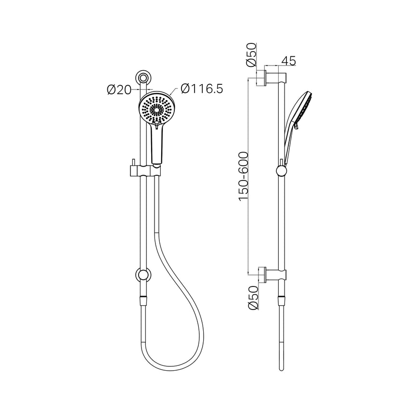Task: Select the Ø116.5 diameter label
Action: click(x=202, y=89)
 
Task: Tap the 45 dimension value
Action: click(x=288, y=61)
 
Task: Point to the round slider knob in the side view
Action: click(x=280, y=171)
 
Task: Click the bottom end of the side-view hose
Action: click(x=280, y=369)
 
